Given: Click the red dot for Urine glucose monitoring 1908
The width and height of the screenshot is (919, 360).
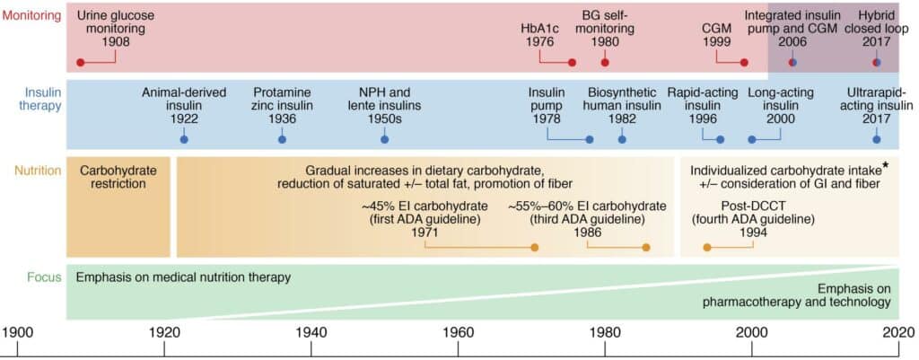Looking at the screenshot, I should (x=81, y=63).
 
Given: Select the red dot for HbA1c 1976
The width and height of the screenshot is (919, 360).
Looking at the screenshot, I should (x=572, y=63).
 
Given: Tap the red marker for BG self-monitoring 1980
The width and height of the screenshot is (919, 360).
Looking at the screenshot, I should (x=605, y=63).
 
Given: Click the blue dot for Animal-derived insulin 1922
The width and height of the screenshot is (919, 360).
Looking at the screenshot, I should (x=184, y=140).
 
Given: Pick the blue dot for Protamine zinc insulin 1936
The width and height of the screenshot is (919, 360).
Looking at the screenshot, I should (x=282, y=140).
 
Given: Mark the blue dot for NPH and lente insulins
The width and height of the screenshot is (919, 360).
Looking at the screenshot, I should (x=385, y=140).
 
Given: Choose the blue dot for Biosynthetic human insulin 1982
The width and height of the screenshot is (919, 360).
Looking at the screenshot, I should (x=622, y=140).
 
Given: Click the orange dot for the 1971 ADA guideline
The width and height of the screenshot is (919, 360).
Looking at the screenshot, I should (x=535, y=247).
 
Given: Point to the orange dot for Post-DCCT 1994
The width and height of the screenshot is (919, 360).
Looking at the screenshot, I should (x=707, y=247).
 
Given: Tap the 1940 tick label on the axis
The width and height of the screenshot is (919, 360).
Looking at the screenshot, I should (x=311, y=332).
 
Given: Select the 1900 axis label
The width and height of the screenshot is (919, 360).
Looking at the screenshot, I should (x=18, y=332).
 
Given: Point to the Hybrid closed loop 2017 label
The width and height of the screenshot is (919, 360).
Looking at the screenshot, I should (x=876, y=28).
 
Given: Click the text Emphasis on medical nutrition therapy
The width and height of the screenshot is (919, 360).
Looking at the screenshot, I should (x=183, y=277).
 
